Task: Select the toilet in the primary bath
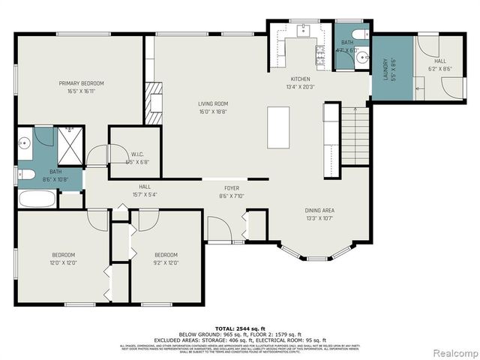click(x=28, y=175)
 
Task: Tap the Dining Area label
click(x=319, y=214)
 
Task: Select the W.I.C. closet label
click(x=135, y=157)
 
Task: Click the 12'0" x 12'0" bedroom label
click(x=64, y=259)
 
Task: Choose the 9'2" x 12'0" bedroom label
click(x=166, y=259)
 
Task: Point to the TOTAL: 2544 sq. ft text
click(x=238, y=328)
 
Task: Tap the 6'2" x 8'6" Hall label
click(x=439, y=64)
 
